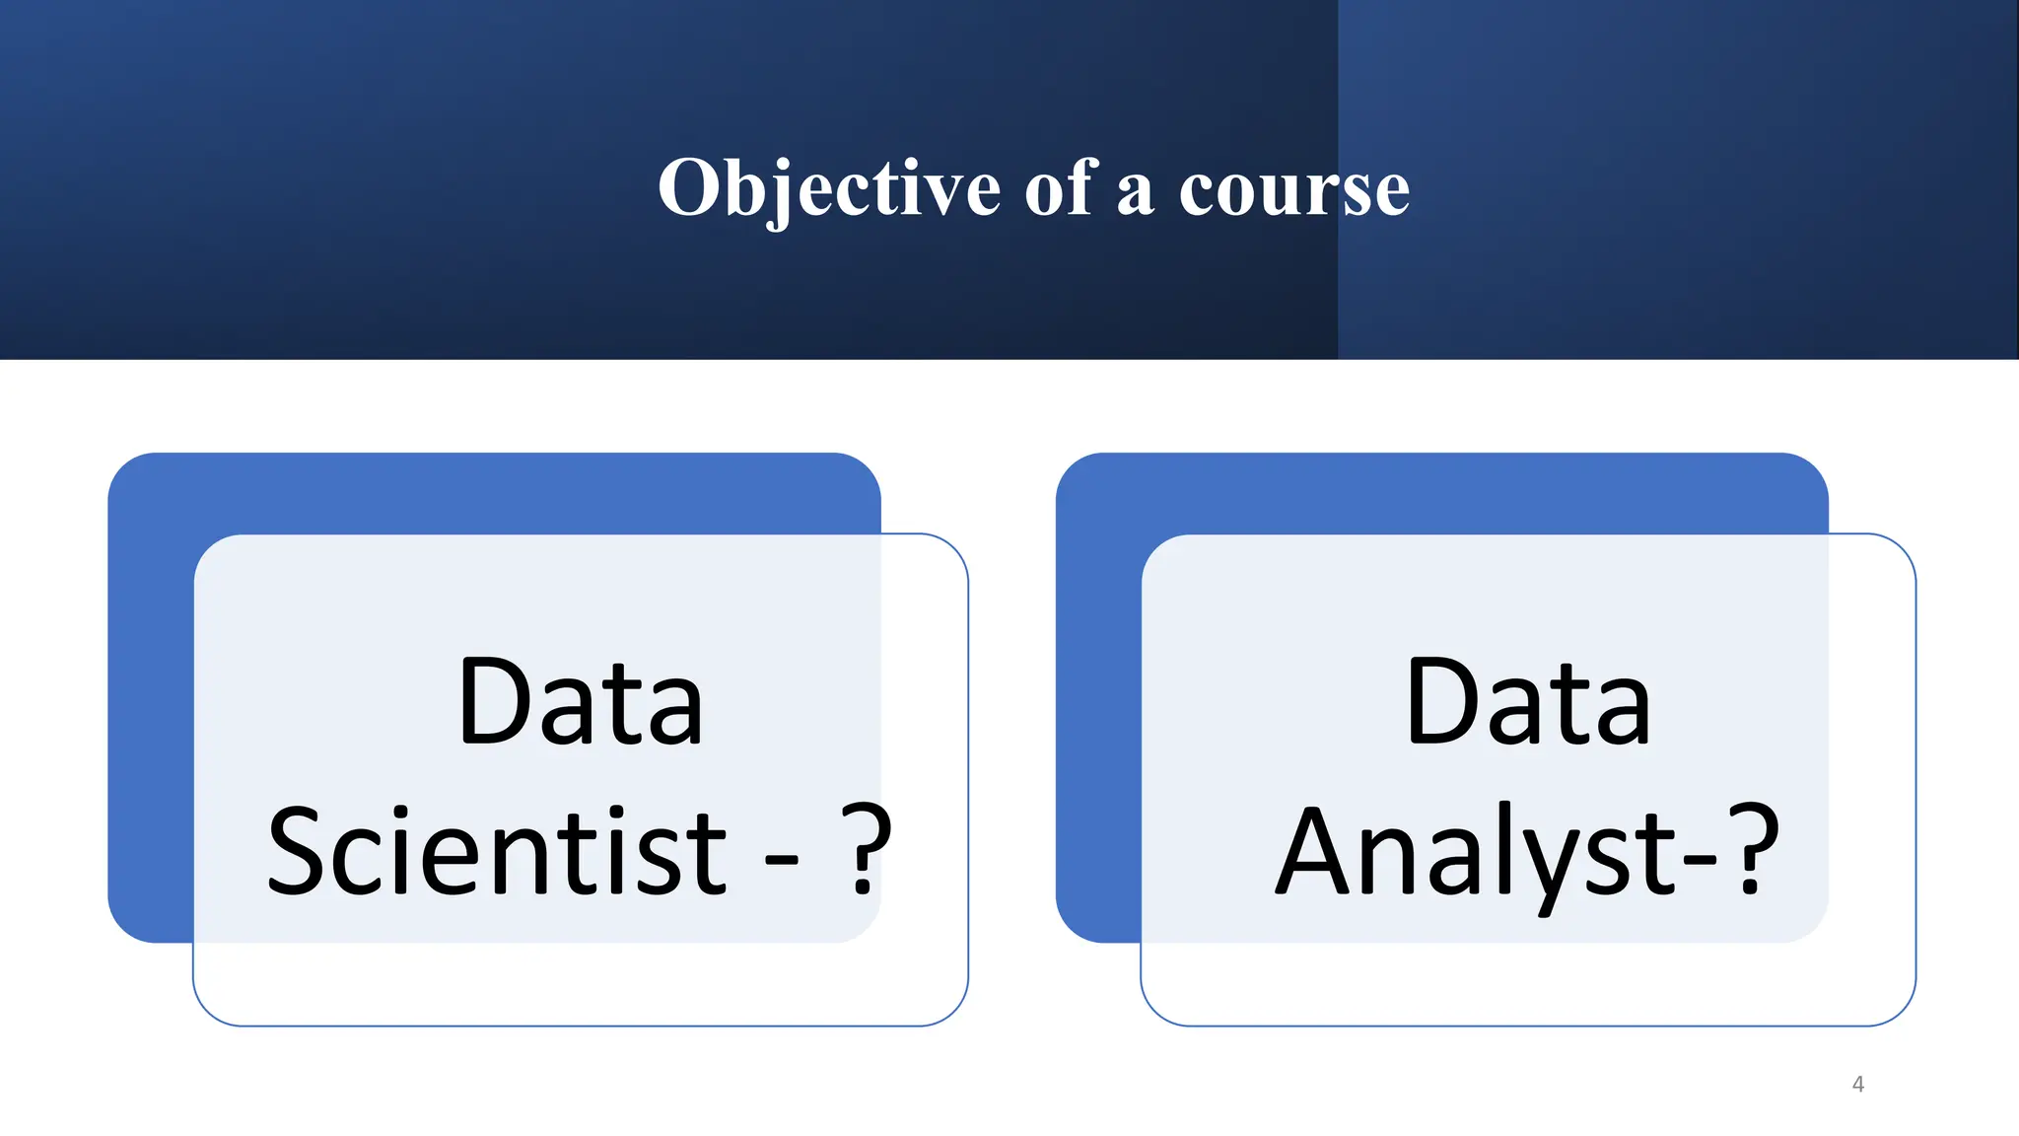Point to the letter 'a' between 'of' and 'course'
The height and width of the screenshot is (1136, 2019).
click(x=1135, y=192)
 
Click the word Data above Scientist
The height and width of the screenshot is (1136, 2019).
click(x=581, y=702)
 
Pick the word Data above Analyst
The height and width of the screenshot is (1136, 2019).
click(x=1528, y=702)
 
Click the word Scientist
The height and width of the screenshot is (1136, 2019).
click(x=497, y=850)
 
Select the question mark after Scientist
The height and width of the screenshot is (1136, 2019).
click(x=866, y=850)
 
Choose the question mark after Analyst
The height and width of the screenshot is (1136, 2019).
click(x=1753, y=850)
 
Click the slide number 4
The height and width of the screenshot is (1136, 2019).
click(x=1858, y=1085)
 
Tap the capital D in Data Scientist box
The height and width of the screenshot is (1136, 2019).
click(x=493, y=702)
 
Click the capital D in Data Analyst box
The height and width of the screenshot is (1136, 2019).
click(x=1440, y=702)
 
